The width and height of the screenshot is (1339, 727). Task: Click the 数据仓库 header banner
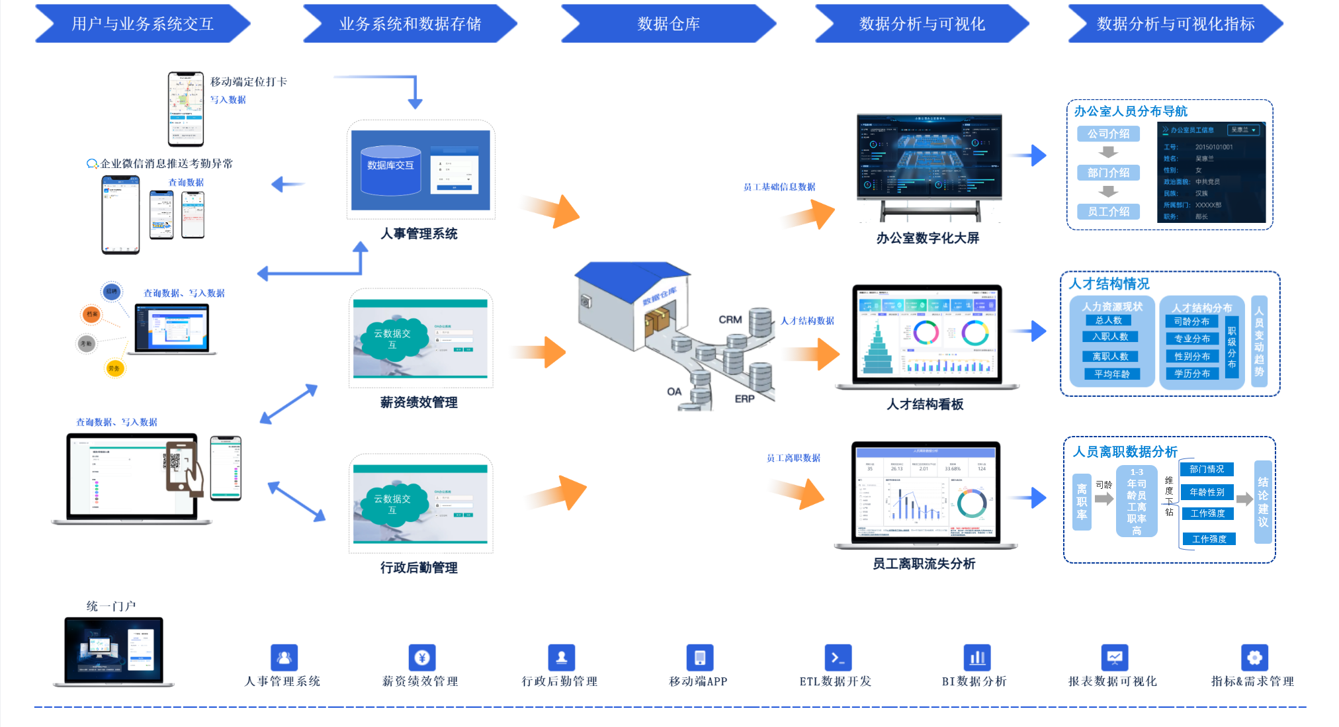coord(668,24)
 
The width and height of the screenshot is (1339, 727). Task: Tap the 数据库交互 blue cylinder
coord(390,170)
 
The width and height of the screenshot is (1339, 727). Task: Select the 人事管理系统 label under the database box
coord(419,234)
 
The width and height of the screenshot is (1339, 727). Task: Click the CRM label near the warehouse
coord(730,320)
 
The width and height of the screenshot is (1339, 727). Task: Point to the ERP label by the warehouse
coord(744,399)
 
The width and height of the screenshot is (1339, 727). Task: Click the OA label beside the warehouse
coord(674,392)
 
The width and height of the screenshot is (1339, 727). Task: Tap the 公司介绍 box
coord(1109,134)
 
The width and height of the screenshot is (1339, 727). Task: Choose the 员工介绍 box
coord(1109,212)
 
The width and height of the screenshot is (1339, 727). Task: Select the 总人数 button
coord(1109,320)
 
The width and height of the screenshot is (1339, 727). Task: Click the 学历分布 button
coord(1192,374)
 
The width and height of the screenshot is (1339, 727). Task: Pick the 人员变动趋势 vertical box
coord(1259,341)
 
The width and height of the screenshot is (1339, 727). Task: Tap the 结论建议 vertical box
coord(1263,502)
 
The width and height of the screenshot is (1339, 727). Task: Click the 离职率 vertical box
coord(1082,502)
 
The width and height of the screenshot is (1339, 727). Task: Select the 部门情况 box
coord(1207,469)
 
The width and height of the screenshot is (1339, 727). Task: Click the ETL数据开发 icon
coord(838,658)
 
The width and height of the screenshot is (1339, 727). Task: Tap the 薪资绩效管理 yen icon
coord(422,658)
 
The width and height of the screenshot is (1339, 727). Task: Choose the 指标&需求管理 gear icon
coord(1254,658)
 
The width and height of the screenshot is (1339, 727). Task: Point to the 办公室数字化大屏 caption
coord(928,238)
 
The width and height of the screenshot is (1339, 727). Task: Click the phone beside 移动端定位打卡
coord(186,109)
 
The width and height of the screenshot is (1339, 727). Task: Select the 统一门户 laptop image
coord(114,651)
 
